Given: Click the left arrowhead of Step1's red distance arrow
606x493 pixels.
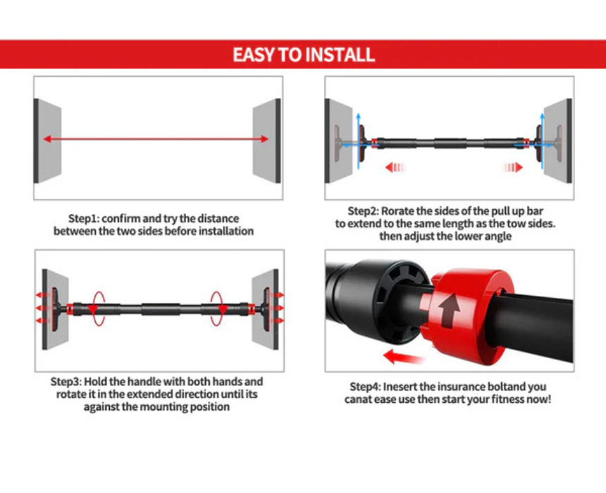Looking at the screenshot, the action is pyautogui.click(x=47, y=139).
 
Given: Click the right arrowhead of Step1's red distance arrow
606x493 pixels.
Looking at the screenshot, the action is pyautogui.click(x=265, y=139).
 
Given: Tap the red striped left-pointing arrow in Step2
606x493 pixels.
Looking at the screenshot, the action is pyautogui.click(x=395, y=168).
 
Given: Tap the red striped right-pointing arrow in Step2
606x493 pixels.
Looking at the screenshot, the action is pyautogui.click(x=513, y=168).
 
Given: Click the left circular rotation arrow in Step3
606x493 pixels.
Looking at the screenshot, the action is pyautogui.click(x=97, y=308).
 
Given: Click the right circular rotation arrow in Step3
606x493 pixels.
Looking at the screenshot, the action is pyautogui.click(x=218, y=308).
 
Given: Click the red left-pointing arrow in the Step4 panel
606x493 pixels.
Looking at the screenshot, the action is pyautogui.click(x=403, y=356).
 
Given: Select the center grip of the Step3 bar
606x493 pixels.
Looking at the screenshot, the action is pyautogui.click(x=161, y=309).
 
